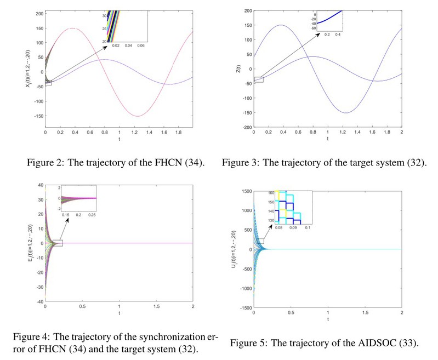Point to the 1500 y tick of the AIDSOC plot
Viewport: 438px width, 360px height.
click(x=244, y=191)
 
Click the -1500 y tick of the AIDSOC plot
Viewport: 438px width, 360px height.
click(x=243, y=308)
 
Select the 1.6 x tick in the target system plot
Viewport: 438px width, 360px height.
click(x=373, y=132)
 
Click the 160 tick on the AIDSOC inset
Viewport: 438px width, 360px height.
click(x=270, y=193)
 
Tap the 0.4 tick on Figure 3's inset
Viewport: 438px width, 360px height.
click(x=338, y=34)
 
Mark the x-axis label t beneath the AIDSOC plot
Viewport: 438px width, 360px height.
click(x=327, y=318)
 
